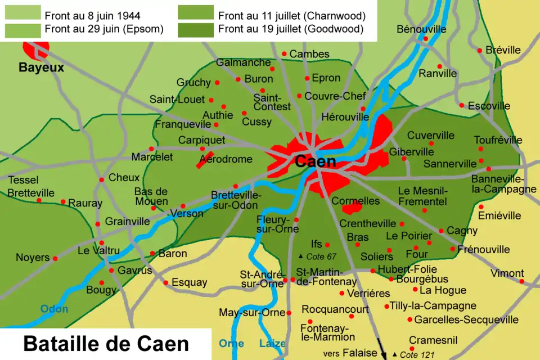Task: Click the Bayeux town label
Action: click(x=41, y=68)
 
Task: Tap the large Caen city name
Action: click(x=316, y=162)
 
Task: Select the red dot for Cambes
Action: click(x=285, y=54)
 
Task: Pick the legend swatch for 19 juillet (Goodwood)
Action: click(x=196, y=29)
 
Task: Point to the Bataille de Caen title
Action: click(x=106, y=344)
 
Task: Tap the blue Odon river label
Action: click(x=54, y=309)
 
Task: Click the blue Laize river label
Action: click(x=272, y=344)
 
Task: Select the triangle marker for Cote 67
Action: click(x=300, y=256)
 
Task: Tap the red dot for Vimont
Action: click(x=522, y=281)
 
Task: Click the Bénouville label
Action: click(x=421, y=29)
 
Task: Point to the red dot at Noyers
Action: click(x=55, y=259)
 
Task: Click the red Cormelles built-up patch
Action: click(x=352, y=208)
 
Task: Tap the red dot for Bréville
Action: click(x=480, y=51)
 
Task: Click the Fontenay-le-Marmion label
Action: click(x=328, y=332)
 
